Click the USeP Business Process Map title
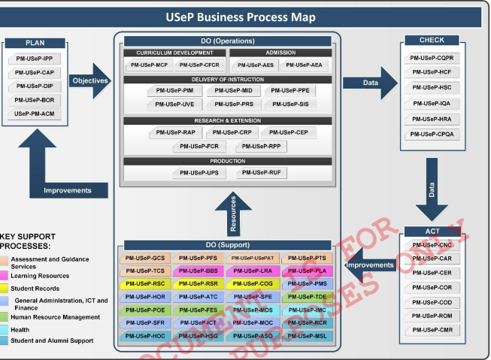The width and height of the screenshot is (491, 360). pos(245,17)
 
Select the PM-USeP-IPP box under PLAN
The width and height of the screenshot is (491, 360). pos(34,58)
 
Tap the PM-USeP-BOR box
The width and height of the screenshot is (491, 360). pos(34,100)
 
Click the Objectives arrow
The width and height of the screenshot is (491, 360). pos(91,80)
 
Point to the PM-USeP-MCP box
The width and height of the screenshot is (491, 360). pos(149,65)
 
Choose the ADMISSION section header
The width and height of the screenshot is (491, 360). pos(280,53)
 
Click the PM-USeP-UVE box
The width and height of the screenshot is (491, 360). pos(174,104)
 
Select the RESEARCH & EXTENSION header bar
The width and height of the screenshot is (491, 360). pos(228,119)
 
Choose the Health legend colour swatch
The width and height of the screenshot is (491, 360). pos(5,329)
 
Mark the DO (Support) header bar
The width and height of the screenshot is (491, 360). pos(228,245)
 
